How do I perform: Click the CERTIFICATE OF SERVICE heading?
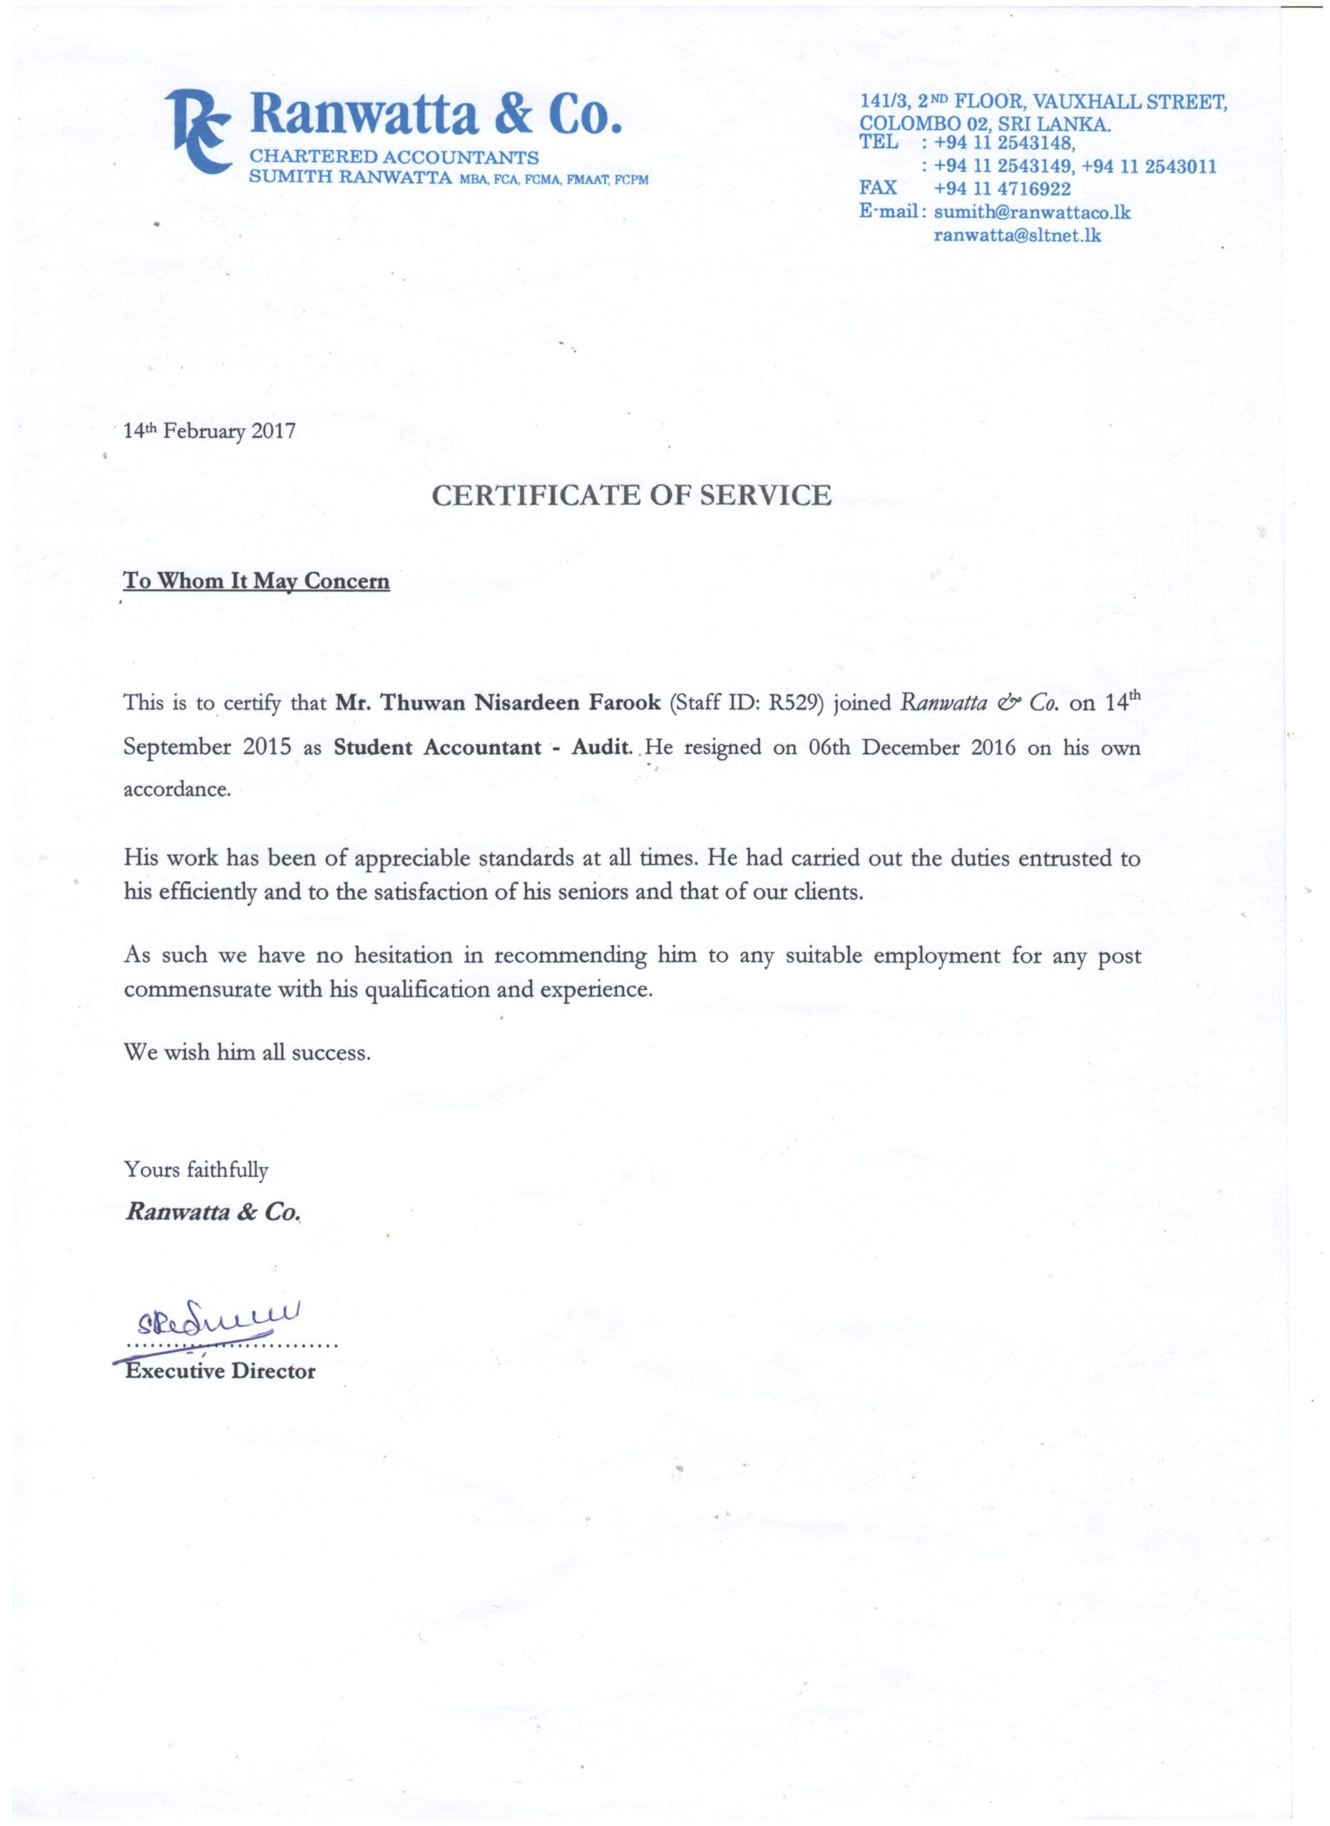point(631,494)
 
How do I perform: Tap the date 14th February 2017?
point(210,432)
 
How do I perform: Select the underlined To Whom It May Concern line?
point(256,581)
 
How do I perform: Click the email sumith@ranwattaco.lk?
point(1032,213)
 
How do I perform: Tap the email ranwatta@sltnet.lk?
point(1017,236)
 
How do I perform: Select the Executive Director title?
point(220,1371)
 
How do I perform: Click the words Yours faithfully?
point(195,1169)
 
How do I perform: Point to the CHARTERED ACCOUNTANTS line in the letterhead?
point(394,157)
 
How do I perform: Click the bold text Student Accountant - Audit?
point(481,747)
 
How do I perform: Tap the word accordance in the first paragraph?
point(177,790)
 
